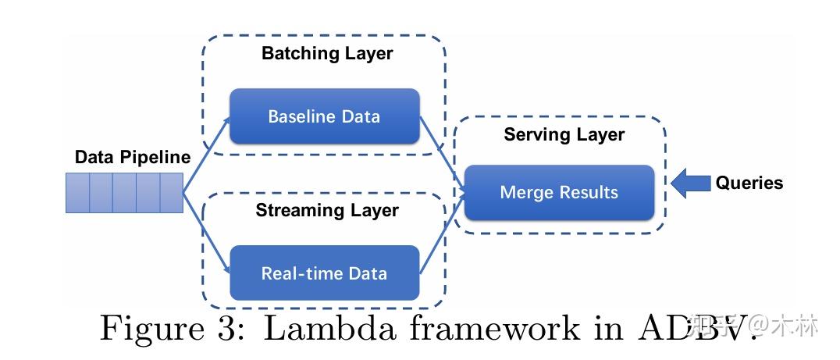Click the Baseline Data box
pos(324,116)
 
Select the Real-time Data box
pos(324,273)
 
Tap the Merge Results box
pos(559,192)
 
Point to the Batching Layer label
pos(327,54)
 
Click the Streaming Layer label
pos(327,210)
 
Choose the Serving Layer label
pos(564,134)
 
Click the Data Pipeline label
pos(132,157)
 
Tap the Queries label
pos(749,183)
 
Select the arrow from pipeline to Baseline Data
pos(206,155)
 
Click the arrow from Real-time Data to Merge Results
pos(442,234)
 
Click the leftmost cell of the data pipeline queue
pos(77,193)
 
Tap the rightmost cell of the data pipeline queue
pos(171,193)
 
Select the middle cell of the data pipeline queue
pos(124,193)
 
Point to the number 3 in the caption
pos(225,328)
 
